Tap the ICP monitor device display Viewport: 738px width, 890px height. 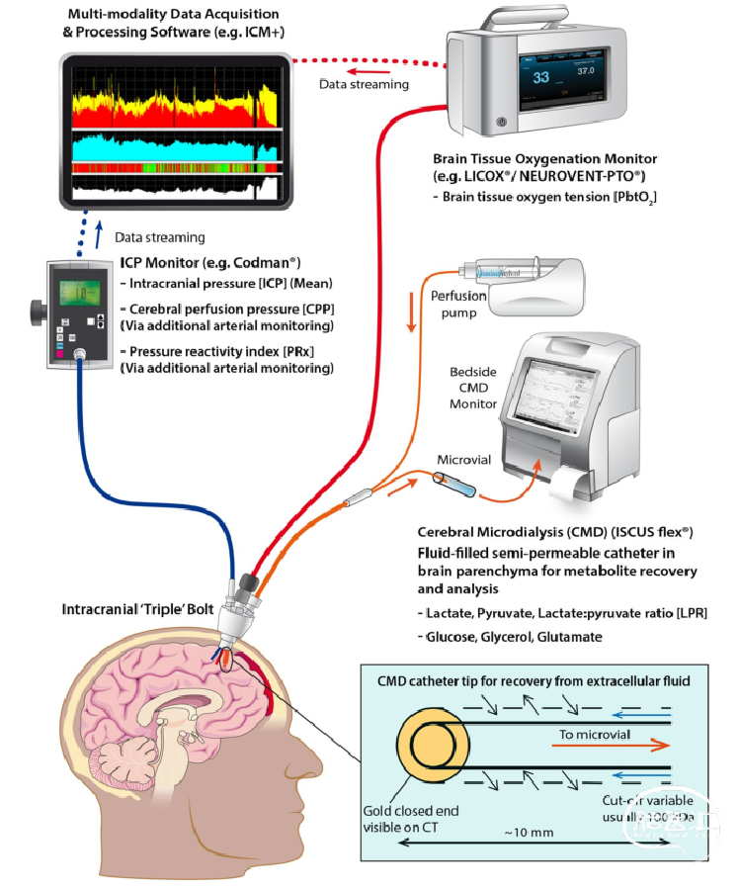pos(76,293)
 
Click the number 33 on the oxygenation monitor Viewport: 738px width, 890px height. pos(540,76)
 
